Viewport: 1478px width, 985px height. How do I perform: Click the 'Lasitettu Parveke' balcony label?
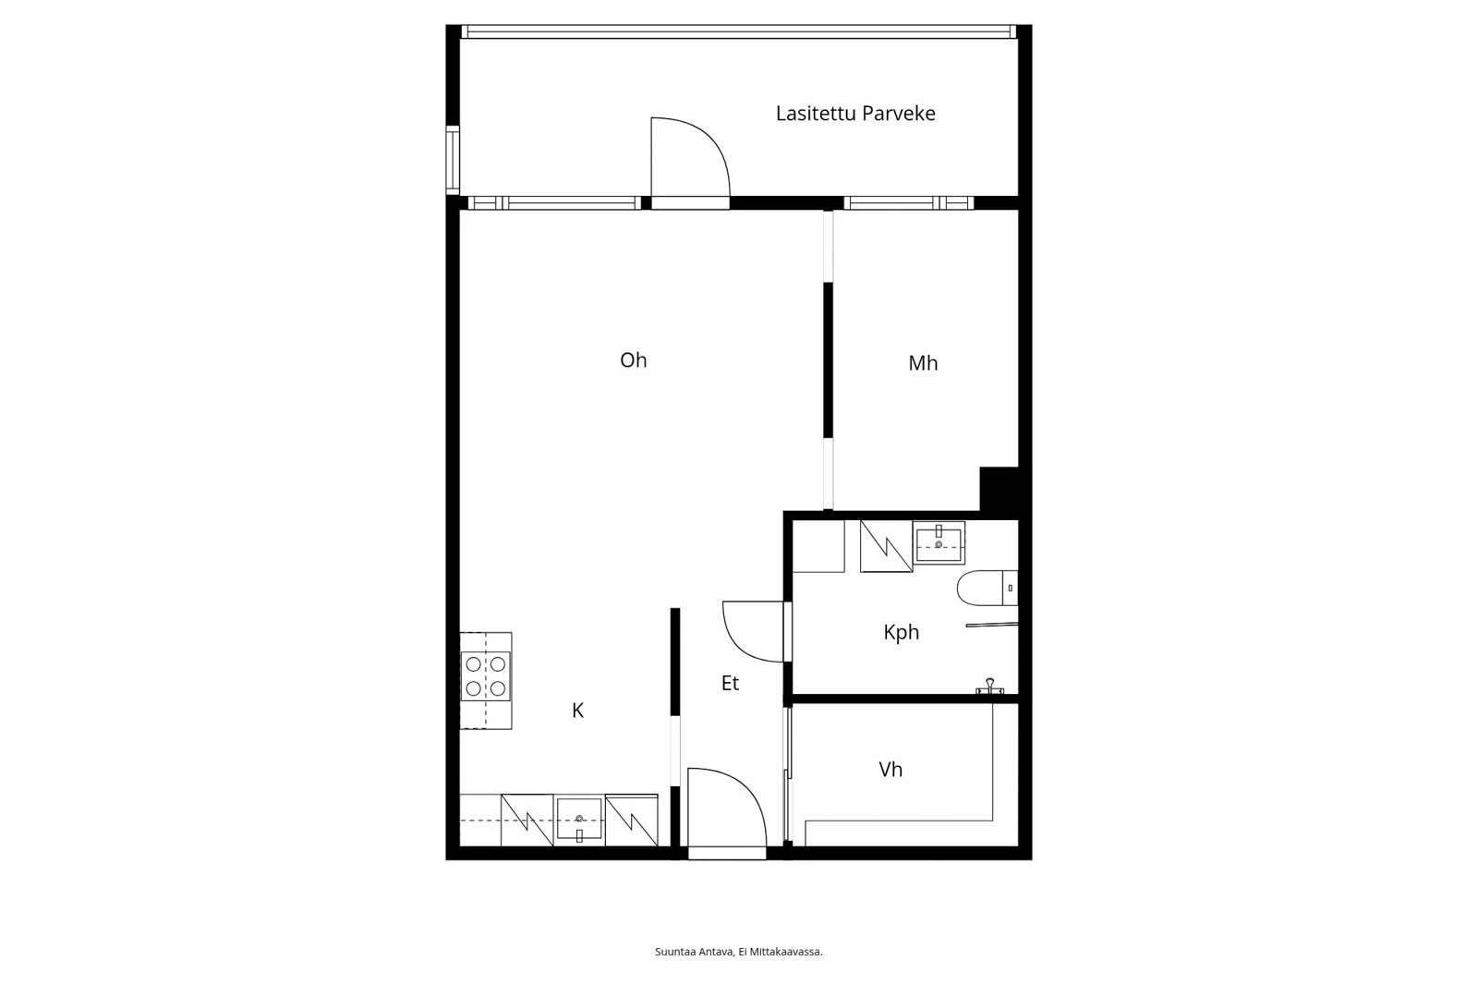click(854, 114)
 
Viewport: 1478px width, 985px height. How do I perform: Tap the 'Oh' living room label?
click(633, 360)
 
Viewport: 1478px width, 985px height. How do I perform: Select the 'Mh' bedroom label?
click(922, 363)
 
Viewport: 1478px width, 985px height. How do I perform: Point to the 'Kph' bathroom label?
click(901, 632)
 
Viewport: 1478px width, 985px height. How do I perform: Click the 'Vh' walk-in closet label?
click(890, 770)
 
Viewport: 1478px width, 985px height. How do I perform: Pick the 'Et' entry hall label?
click(730, 684)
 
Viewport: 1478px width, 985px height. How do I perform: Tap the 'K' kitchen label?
click(577, 711)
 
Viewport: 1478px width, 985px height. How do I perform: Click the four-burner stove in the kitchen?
click(486, 675)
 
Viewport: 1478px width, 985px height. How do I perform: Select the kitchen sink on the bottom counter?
click(579, 820)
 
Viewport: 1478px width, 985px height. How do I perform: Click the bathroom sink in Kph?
click(939, 542)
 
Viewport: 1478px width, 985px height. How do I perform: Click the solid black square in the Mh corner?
click(999, 488)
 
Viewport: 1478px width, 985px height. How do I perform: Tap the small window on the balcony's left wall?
click(453, 159)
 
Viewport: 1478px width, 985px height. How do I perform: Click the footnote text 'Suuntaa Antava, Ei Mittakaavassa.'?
click(738, 952)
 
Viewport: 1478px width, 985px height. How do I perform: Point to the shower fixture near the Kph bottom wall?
click(989, 686)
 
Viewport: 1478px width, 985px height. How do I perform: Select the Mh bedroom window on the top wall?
click(907, 202)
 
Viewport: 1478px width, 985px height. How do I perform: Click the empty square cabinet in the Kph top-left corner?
click(819, 546)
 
